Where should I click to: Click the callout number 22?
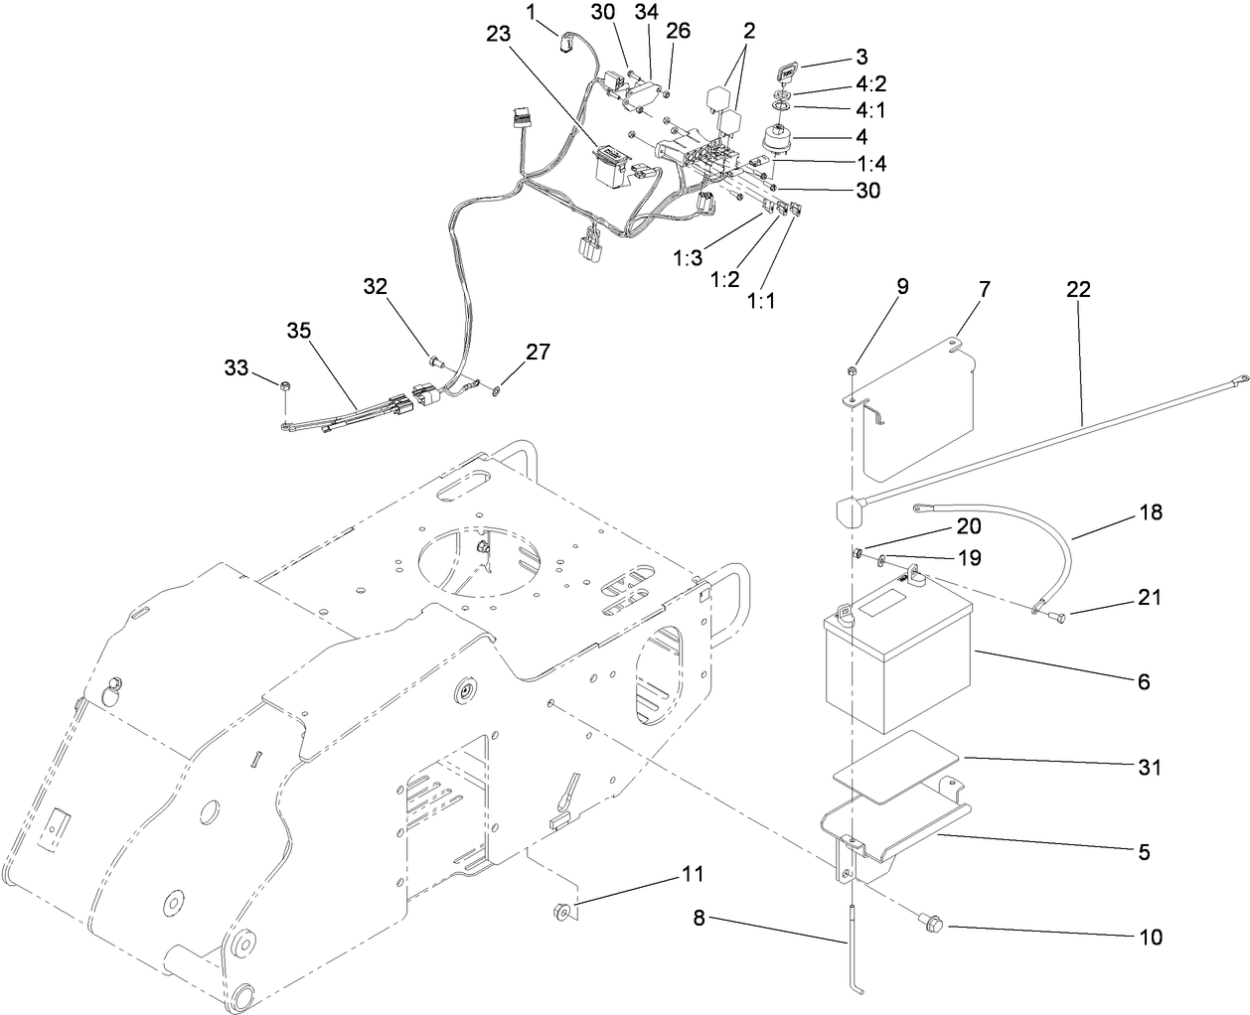click(x=1078, y=289)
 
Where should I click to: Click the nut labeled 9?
click(x=852, y=371)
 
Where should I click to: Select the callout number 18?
click(x=1150, y=512)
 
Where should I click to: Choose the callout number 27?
click(x=538, y=352)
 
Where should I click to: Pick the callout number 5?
click(x=1144, y=851)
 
